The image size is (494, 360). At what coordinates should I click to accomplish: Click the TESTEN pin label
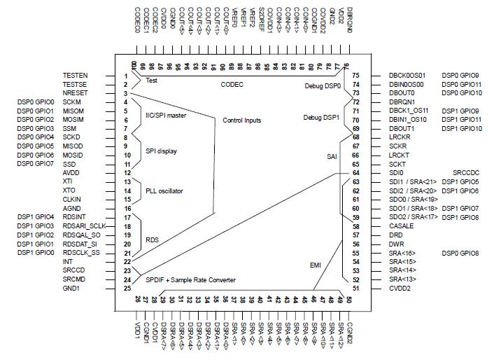click(75, 75)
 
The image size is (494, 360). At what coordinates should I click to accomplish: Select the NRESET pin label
click(75, 93)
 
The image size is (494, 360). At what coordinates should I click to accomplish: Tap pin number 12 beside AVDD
click(127, 172)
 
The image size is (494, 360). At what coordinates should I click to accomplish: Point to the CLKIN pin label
click(72, 199)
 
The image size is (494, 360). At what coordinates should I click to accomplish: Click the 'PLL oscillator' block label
click(164, 190)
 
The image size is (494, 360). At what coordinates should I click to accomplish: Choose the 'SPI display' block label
click(160, 151)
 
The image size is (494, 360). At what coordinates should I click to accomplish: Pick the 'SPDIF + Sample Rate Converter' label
click(190, 279)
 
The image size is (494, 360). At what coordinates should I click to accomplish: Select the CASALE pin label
click(402, 226)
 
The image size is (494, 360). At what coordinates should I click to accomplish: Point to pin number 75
click(355, 75)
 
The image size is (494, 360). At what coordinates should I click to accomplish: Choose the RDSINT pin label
click(74, 216)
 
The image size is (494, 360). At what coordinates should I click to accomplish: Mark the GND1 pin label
click(72, 289)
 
